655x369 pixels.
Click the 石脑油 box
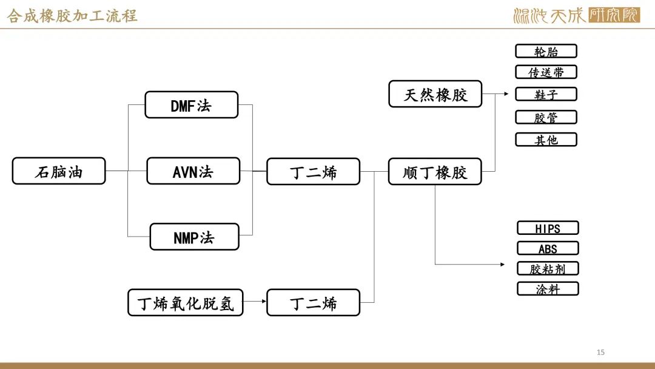point(59,171)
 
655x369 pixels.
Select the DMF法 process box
point(191,105)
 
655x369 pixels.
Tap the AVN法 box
point(193,171)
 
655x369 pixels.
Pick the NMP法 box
point(194,237)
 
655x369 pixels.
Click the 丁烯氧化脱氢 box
point(185,302)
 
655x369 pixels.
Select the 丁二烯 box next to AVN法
point(313,171)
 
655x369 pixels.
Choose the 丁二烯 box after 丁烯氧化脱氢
point(313,302)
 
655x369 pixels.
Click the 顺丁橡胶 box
point(435,171)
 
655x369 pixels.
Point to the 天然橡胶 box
point(435,94)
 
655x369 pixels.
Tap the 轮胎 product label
point(546,51)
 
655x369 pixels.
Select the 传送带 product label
point(546,72)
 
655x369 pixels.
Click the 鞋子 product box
point(546,94)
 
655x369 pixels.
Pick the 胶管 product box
point(546,117)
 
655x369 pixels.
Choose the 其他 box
point(546,140)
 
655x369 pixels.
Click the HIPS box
point(548,228)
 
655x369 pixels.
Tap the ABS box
point(548,248)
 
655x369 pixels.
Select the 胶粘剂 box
point(548,268)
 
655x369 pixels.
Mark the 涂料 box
point(548,289)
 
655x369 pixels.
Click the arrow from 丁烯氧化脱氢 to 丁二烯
point(255,301)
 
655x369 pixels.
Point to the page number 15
point(600,352)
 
